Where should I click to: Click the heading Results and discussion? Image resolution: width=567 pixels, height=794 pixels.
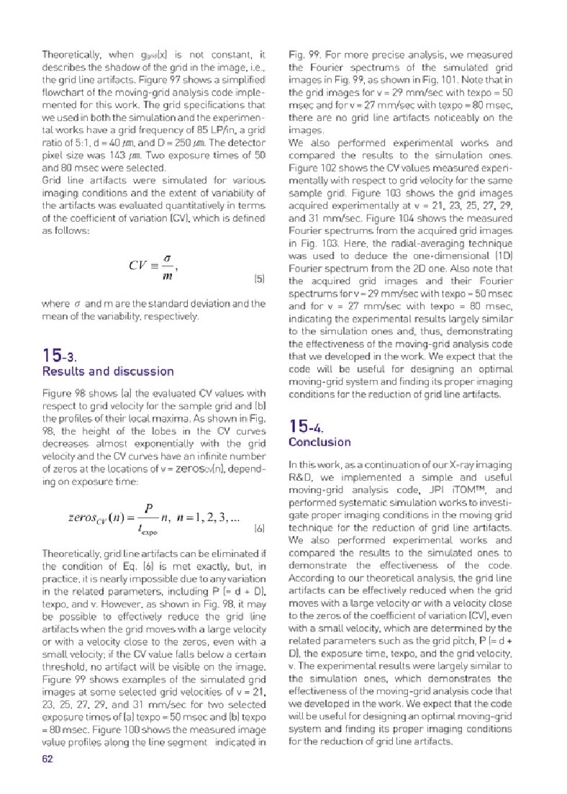pos(108,371)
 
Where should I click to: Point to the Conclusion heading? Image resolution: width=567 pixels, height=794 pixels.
pos(319,441)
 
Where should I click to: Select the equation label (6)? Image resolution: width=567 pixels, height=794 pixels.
pos(260,528)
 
